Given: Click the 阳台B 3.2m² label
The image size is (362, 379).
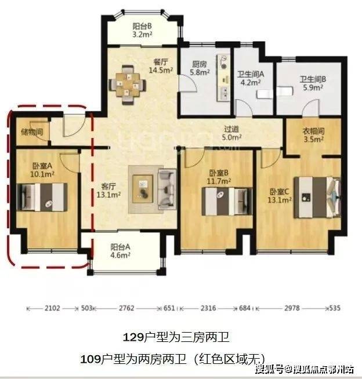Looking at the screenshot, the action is [142, 30].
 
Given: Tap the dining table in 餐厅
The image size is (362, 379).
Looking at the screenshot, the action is [128, 85].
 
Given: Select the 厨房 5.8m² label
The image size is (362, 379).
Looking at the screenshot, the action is [200, 68].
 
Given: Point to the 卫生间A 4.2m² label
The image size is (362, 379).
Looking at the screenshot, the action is [251, 78].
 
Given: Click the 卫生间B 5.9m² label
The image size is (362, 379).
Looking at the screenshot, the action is [313, 83].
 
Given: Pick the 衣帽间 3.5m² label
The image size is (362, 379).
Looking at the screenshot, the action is [314, 135].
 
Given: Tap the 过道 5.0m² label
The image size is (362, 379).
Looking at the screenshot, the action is [231, 133].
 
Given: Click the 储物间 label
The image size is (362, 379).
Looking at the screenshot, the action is [32, 132].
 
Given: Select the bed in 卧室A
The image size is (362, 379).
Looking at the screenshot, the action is [42, 197].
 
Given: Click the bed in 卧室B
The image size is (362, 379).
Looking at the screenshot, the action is [227, 202].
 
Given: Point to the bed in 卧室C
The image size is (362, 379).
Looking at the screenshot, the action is [317, 198].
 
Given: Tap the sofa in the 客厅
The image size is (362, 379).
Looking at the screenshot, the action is [167, 189].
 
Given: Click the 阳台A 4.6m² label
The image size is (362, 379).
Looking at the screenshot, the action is [120, 251].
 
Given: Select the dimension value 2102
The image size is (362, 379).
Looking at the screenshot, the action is [52, 308].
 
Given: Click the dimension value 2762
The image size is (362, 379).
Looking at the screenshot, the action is [126, 308].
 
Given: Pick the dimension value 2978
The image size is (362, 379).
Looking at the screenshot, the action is [292, 308].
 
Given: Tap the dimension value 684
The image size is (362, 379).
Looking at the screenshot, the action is [245, 308].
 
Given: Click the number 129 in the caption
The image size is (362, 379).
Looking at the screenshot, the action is [133, 337].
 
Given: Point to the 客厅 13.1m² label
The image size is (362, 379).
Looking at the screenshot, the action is [108, 191].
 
